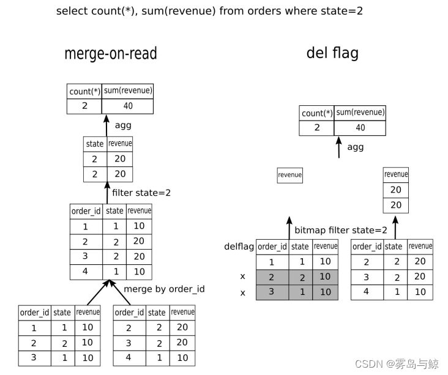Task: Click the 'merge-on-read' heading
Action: coord(111,54)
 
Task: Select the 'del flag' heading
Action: coord(332,53)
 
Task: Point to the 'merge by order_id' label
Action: coord(164,289)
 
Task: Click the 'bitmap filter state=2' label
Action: coord(341,231)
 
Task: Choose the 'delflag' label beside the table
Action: coord(239,247)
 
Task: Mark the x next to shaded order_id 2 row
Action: coord(242,277)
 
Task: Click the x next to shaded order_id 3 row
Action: coord(242,292)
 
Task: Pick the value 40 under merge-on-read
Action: coord(127,106)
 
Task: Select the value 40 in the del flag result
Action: coord(360,127)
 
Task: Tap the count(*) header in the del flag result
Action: coord(317,113)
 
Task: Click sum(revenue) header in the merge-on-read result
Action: coord(128,91)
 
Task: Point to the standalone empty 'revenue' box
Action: coord(289,175)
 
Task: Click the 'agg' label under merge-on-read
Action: coord(123,125)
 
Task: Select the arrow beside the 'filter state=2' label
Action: coord(106,193)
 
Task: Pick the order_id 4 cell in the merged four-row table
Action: coord(85,272)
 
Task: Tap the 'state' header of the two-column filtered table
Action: coord(95,144)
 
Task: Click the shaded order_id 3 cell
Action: coord(272,292)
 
